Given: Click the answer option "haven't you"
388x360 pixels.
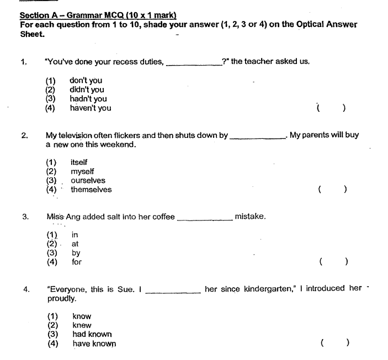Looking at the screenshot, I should (90, 108).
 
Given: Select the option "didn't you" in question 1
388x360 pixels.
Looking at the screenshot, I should (87, 89).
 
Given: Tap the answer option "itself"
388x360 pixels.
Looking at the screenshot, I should (79, 162).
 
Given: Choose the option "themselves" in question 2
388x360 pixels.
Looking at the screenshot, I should (91, 190).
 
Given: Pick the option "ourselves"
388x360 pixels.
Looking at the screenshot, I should (88, 180).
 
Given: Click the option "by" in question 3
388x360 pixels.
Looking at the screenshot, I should (76, 253).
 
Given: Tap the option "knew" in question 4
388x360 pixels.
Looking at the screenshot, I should (82, 325).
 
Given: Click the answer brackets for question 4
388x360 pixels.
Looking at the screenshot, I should (334, 343).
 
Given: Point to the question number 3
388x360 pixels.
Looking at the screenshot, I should (25, 217).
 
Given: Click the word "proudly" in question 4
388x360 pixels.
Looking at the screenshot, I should (61, 298).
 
